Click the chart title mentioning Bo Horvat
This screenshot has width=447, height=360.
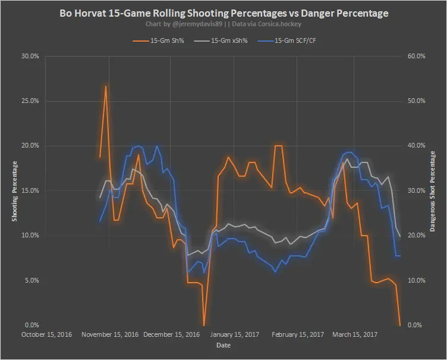(223, 12)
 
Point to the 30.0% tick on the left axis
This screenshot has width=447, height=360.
(30, 56)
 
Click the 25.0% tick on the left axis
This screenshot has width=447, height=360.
(30, 101)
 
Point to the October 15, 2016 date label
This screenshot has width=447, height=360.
(46, 334)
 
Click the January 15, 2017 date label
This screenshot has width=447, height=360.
(235, 334)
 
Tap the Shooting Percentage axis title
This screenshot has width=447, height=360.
(15, 190)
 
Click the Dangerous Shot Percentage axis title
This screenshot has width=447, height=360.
(433, 190)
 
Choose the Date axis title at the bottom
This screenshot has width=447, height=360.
(223, 345)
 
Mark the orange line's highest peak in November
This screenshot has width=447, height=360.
(106, 86)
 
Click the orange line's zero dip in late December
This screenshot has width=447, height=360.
(204, 325)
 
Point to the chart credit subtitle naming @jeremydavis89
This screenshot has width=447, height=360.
(223, 24)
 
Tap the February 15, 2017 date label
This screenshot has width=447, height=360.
(298, 334)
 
